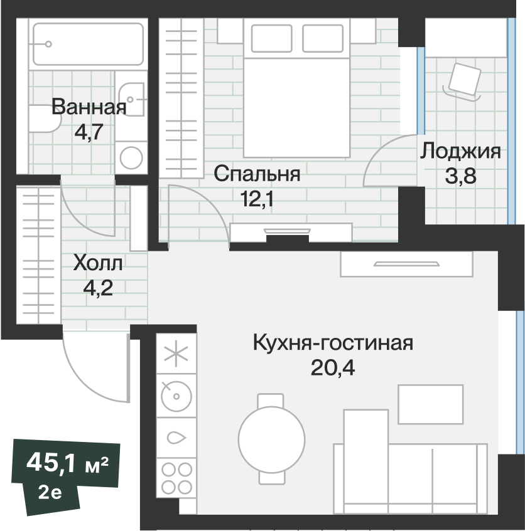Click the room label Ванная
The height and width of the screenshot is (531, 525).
point(89,107)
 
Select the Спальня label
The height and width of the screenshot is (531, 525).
point(257,174)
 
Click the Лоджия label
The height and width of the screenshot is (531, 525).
point(460,151)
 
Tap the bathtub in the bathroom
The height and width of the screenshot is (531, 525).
point(87,44)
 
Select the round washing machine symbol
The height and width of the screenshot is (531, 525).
point(132,157)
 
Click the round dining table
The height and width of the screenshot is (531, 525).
point(272,438)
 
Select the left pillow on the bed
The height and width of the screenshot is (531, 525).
point(271,39)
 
